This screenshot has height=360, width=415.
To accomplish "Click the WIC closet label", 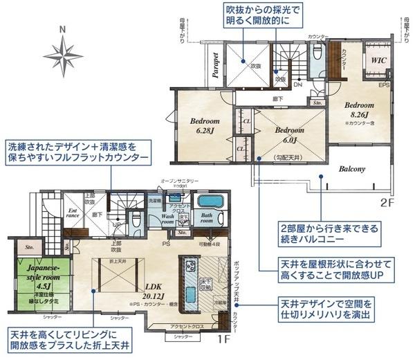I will [378, 60].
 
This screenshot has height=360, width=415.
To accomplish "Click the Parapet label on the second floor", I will [215, 66].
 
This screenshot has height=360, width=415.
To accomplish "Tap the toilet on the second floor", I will [317, 53].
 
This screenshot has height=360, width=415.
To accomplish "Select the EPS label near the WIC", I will [382, 85].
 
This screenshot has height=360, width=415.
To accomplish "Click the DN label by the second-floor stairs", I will [297, 84].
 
